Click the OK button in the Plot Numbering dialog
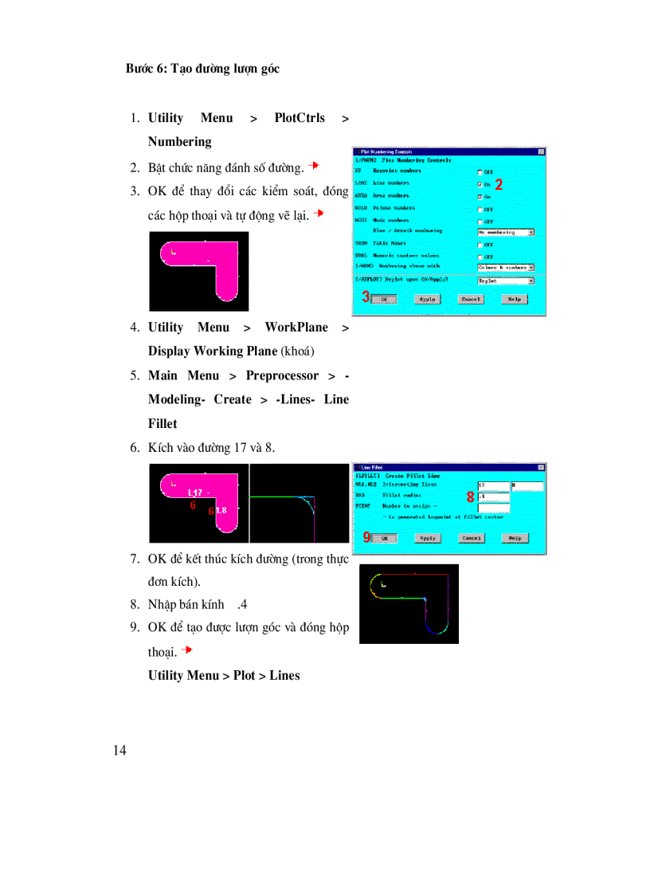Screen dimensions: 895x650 point(384,299)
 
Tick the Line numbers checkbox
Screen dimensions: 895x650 point(479,184)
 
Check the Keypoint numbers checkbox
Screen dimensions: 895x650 point(479,171)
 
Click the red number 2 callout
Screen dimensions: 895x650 point(499,183)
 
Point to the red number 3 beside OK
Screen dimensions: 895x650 point(366,297)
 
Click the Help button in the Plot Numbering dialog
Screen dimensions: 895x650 point(515,299)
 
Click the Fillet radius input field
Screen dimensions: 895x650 point(493,496)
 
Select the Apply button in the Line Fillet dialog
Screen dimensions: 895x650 point(428,538)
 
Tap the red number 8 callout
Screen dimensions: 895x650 point(471,497)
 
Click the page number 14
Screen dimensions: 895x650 point(120,750)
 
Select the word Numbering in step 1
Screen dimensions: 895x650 point(179,142)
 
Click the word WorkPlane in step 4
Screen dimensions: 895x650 point(296,328)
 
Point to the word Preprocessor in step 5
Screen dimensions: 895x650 point(282,375)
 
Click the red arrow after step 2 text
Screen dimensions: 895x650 point(314,166)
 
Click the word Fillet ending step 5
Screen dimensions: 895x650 point(162,423)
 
